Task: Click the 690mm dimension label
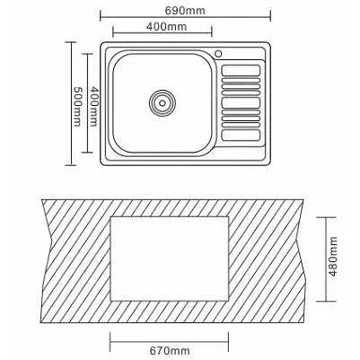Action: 185,11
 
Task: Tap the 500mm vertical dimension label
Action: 77,107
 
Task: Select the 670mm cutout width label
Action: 170,350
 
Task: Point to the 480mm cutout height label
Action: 333,256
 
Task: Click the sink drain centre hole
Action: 162,103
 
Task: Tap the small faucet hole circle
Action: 218,54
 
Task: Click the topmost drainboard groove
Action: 241,70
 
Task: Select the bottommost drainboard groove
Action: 241,135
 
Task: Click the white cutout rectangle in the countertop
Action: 170,259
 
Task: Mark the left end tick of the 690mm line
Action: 101,15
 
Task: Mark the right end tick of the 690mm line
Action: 270,15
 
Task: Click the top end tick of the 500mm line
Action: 71,42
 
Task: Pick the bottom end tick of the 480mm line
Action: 326,301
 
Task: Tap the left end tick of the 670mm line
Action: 110,342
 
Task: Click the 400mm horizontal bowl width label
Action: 167,27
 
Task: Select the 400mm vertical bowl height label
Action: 94,107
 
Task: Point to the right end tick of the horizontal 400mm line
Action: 212,31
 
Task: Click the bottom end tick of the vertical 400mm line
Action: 87,153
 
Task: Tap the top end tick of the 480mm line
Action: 326,217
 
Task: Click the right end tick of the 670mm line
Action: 229,342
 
